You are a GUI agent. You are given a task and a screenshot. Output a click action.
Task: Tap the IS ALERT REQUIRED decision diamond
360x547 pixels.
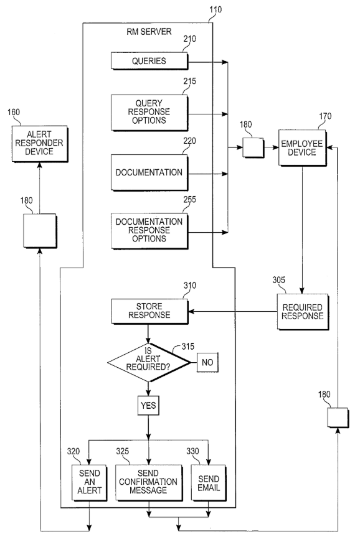point(148,362)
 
